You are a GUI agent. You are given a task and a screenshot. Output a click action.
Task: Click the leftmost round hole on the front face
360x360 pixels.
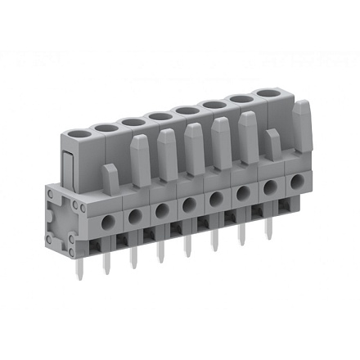[107, 222]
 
